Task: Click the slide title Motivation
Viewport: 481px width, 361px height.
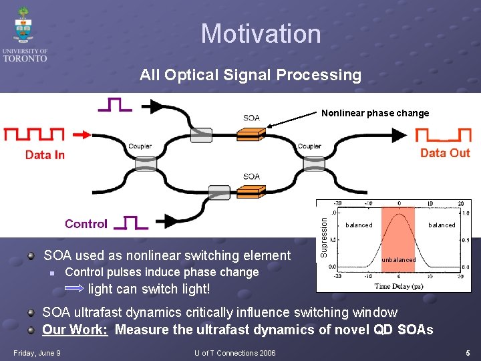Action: [261, 33]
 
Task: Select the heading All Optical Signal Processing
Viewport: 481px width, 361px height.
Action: [250, 75]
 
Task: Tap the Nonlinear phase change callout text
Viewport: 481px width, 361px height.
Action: [375, 113]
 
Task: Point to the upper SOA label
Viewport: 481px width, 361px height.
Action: [251, 118]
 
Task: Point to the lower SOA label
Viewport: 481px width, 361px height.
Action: [251, 176]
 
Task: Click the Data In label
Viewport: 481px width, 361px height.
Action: [45, 155]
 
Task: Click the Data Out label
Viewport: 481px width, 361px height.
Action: [445, 153]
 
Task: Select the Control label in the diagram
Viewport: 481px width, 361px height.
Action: [86, 224]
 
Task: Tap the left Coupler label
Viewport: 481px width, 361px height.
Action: [140, 146]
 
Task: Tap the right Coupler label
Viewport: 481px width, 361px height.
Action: [309, 146]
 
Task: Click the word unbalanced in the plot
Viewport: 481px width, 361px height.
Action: [398, 259]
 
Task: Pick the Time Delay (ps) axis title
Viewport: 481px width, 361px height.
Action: [398, 287]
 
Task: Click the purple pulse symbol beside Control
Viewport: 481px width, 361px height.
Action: [131, 223]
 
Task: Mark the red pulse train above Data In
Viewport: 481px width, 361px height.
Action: [34, 135]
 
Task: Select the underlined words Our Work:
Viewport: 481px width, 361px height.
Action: [75, 330]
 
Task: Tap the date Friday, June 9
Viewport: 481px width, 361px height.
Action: [37, 353]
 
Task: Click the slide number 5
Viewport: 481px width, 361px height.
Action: [468, 353]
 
